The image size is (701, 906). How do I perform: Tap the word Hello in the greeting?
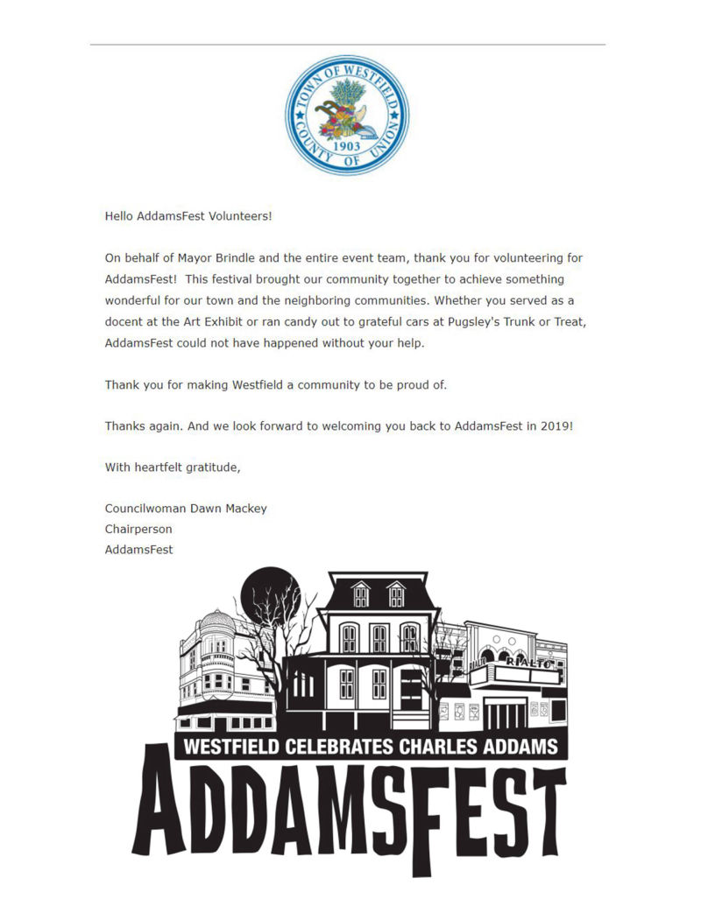point(119,215)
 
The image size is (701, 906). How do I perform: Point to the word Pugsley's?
point(467,322)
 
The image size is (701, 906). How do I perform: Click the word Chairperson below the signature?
point(138,530)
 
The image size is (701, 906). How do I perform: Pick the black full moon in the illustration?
point(264,591)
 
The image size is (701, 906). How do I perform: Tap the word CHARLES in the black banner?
point(441,747)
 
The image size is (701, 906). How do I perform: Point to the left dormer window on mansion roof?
point(361,594)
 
